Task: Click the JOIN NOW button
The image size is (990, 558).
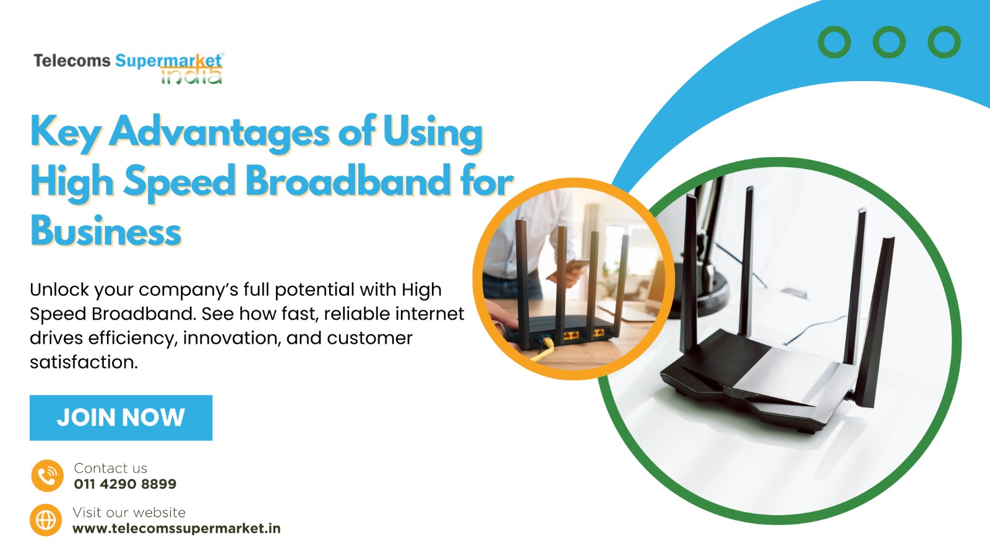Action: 121,417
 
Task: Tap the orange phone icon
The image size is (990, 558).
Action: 47,476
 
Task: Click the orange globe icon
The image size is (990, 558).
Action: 46,520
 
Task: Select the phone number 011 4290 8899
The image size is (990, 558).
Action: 125,484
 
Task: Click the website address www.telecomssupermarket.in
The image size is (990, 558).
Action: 176,528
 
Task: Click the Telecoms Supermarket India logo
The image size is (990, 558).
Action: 129,68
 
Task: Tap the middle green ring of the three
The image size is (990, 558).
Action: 889,42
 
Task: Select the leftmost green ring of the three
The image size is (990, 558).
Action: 835,42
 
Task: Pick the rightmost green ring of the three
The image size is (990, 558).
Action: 944,42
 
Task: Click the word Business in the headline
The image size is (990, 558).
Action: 106,230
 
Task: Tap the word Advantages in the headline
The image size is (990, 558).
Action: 219,133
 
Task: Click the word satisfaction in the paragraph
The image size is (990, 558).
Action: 84,362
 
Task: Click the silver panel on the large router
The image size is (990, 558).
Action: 791,374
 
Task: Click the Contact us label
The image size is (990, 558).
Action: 111,468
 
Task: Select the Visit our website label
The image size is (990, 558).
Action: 129,512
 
